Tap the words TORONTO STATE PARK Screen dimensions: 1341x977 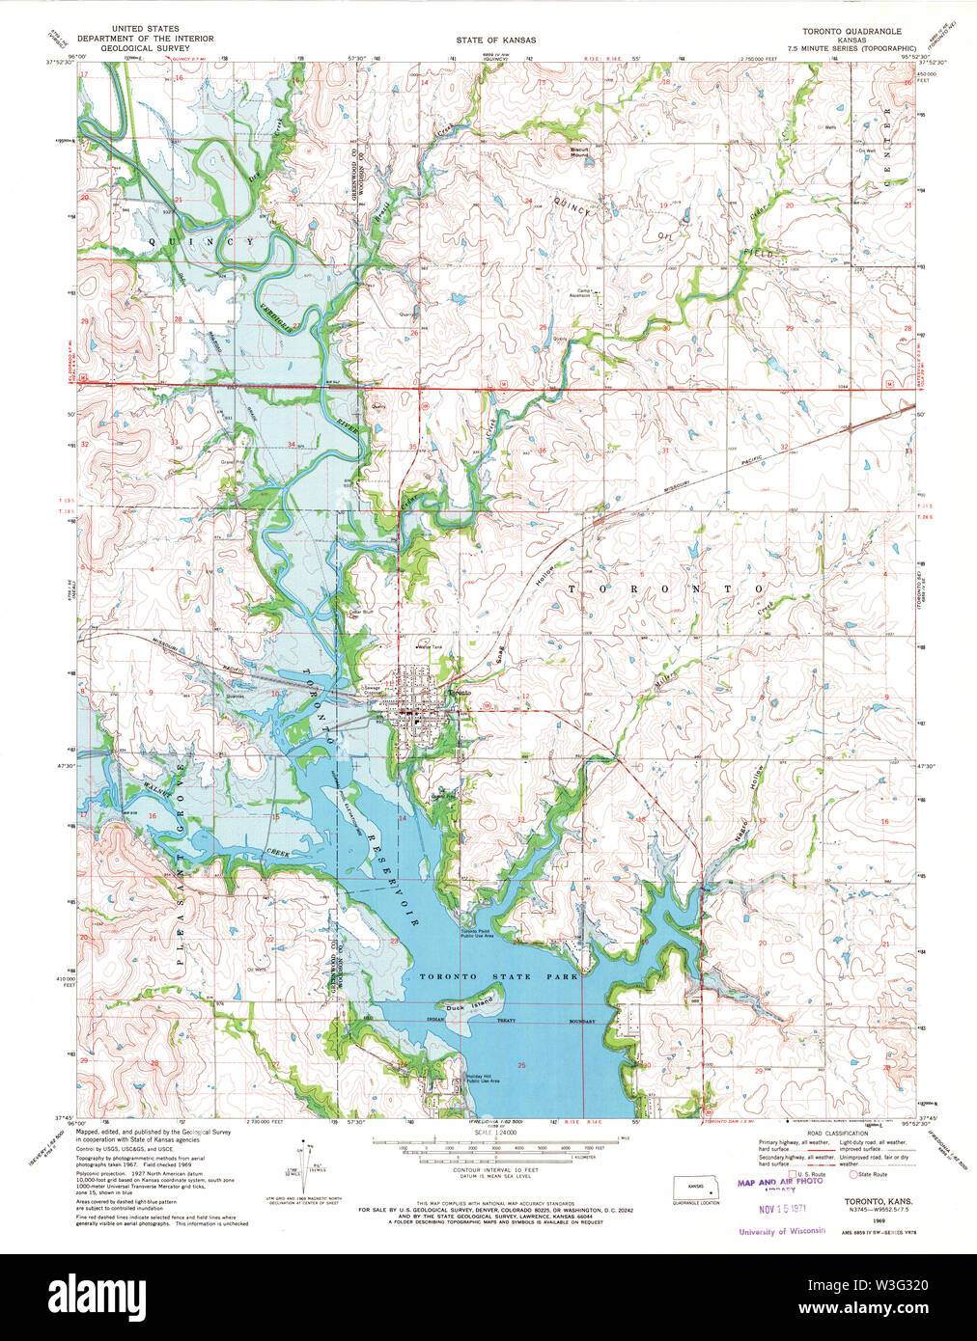coord(498,976)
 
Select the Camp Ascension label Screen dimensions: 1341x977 coord(590,293)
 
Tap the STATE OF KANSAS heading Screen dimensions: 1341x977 coord(496,41)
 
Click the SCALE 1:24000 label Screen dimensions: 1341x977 coord(495,1135)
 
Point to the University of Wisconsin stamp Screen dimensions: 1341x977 coord(782,1231)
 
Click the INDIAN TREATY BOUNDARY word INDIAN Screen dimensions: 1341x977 coord(436,1020)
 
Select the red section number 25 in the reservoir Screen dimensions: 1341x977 coord(521,1064)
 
